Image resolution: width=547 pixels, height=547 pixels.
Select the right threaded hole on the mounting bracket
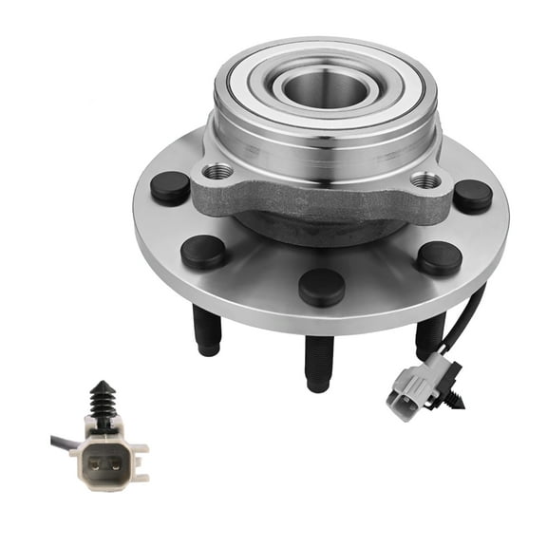[x=426, y=179]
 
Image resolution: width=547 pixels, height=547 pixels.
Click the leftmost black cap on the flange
[x=170, y=187]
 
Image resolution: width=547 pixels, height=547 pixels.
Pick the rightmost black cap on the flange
[x=472, y=196]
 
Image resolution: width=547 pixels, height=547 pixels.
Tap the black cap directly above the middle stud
[x=321, y=286]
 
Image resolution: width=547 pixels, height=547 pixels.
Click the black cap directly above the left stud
[x=203, y=252]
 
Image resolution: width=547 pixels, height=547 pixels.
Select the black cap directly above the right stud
[x=439, y=257]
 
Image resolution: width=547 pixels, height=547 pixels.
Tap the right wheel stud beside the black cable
[x=430, y=336]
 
